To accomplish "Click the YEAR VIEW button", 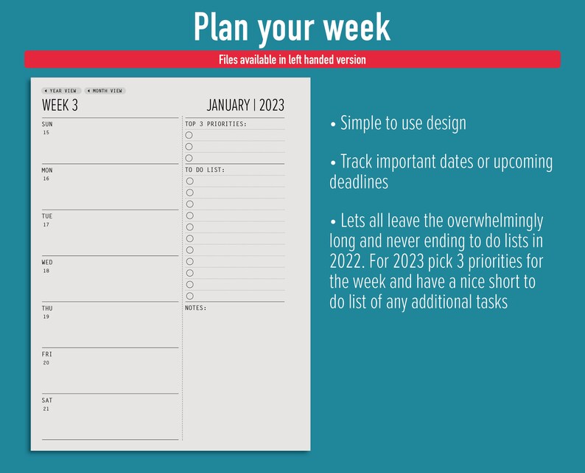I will (x=61, y=91).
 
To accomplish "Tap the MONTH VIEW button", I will (x=105, y=91).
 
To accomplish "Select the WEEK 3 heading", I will (x=60, y=106).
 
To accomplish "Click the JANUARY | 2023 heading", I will (x=245, y=106).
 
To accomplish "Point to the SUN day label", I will (x=47, y=124).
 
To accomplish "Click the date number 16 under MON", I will (x=46, y=179).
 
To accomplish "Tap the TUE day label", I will (x=47, y=216).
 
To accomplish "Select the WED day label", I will (x=47, y=262).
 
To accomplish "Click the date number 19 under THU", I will (x=46, y=317).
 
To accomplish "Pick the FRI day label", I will (x=46, y=354).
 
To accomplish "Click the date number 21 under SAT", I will (x=46, y=409).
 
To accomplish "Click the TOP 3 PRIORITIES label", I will (x=216, y=124).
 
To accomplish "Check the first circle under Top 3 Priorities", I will (x=189, y=135).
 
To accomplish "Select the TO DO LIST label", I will (x=205, y=170).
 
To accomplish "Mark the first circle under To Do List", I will (x=189, y=181).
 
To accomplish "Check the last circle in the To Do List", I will (x=189, y=296).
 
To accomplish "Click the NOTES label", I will (x=196, y=308).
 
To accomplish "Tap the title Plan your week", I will (x=292, y=27).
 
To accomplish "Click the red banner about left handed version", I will (x=292, y=60).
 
